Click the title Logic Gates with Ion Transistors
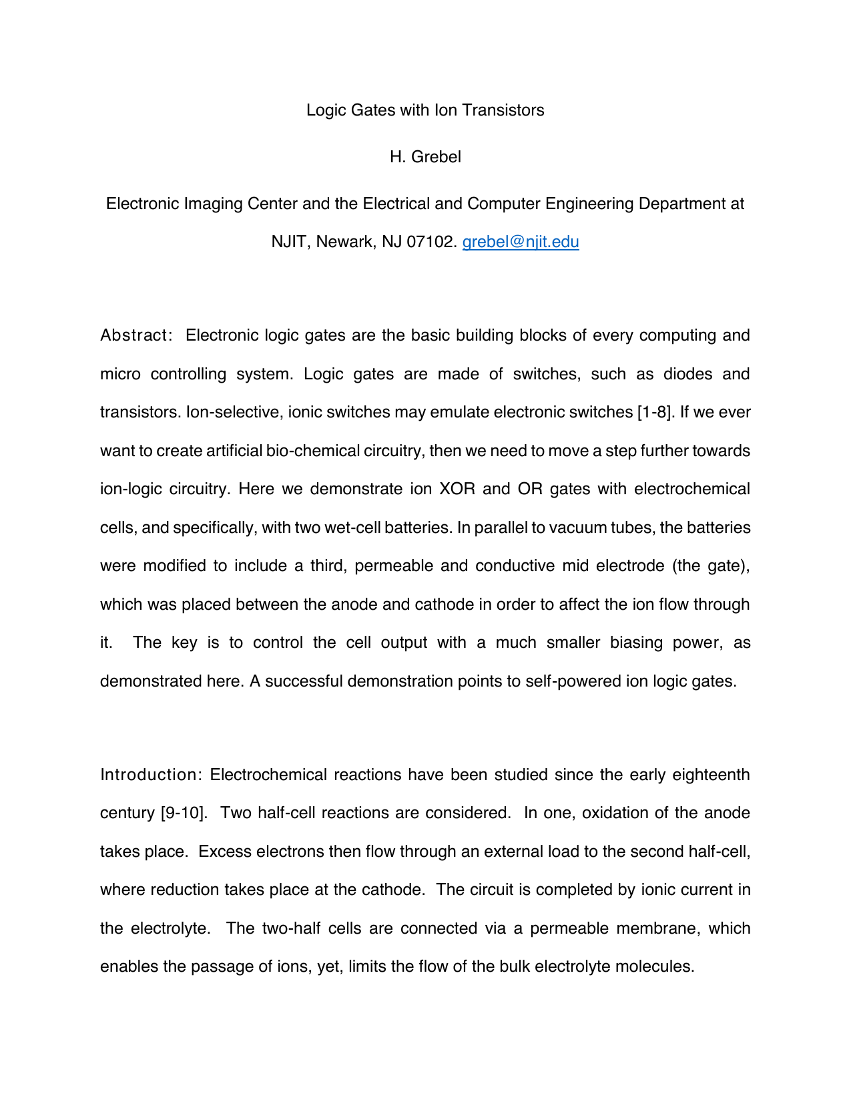point(425,110)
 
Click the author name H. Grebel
point(425,157)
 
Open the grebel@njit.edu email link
point(521,242)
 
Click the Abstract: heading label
point(136,335)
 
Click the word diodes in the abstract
point(688,374)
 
